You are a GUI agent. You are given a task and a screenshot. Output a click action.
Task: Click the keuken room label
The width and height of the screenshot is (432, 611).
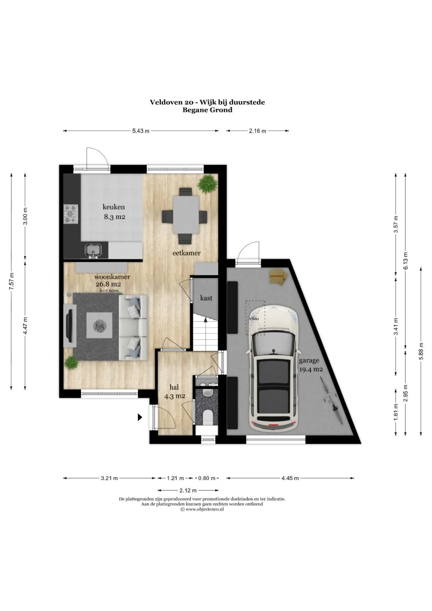[x=114, y=207]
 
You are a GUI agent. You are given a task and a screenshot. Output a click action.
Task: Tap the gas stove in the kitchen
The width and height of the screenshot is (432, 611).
[x=71, y=214]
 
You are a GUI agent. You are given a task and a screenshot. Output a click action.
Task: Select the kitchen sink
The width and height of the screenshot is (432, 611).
[x=93, y=250]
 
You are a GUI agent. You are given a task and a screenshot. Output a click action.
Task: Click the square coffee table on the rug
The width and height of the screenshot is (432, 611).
[x=99, y=325]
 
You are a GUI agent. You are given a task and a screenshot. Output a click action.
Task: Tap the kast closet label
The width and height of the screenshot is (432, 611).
[x=206, y=298]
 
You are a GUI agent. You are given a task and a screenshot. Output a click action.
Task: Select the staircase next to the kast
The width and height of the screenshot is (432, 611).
[x=206, y=333]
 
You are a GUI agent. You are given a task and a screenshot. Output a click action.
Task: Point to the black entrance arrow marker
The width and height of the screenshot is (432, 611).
[x=140, y=417]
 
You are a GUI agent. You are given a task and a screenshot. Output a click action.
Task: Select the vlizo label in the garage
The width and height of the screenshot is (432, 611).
[x=253, y=319]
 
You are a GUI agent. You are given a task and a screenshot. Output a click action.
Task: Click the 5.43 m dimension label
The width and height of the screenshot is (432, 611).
[x=141, y=131]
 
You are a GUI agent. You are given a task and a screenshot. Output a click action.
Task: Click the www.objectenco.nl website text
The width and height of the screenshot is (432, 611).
[x=204, y=509]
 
